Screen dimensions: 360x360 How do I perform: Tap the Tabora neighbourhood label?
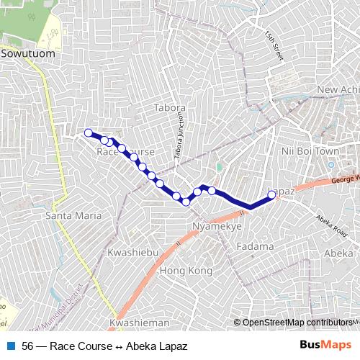point(170,108)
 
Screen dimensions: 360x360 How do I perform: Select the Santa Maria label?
point(67,215)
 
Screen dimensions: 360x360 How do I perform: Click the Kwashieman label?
point(140,323)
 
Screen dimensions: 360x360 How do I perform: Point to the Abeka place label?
point(338,253)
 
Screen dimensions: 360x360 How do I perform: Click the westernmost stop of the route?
point(89,132)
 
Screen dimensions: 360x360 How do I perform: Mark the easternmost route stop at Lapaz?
point(271,194)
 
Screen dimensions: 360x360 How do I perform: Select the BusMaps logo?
point(325,346)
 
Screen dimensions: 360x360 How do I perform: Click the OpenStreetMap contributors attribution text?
point(297,323)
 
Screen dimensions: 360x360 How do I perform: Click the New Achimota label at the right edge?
point(337,89)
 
